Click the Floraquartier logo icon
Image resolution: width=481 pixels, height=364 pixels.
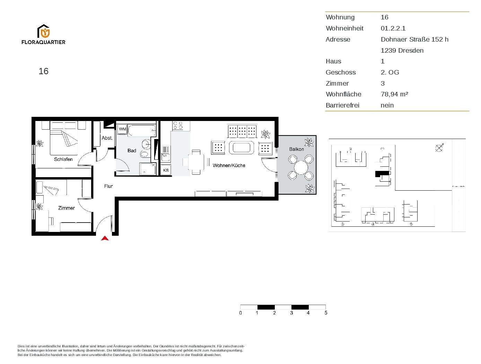pos(44,31)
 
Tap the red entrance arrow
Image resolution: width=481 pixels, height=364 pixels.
pos(105,238)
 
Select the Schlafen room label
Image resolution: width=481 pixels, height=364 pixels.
pos(63,159)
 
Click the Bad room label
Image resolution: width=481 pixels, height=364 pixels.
pos(132,150)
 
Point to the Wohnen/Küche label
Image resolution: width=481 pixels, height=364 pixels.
pos(229,165)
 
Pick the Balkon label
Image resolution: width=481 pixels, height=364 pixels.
pos(296,149)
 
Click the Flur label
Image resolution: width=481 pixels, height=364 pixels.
pos(108,186)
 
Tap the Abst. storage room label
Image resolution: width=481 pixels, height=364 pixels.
pos(107,138)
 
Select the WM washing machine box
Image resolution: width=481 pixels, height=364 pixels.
pos(122,129)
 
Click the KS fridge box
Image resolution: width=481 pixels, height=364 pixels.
pos(166,170)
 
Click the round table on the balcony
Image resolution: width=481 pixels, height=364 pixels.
pos(300,168)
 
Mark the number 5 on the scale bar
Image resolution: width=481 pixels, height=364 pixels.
pos(326,313)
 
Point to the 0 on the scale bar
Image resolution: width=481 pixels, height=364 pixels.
pos(240,313)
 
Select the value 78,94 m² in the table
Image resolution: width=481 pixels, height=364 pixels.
pos(394,94)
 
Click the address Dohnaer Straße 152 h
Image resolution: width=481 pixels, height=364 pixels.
pos(414,40)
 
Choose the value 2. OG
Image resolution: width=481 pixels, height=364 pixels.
pos(390,72)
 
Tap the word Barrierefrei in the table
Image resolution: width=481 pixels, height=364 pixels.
pos(342,105)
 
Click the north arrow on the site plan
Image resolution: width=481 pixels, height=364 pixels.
pos(439,148)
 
